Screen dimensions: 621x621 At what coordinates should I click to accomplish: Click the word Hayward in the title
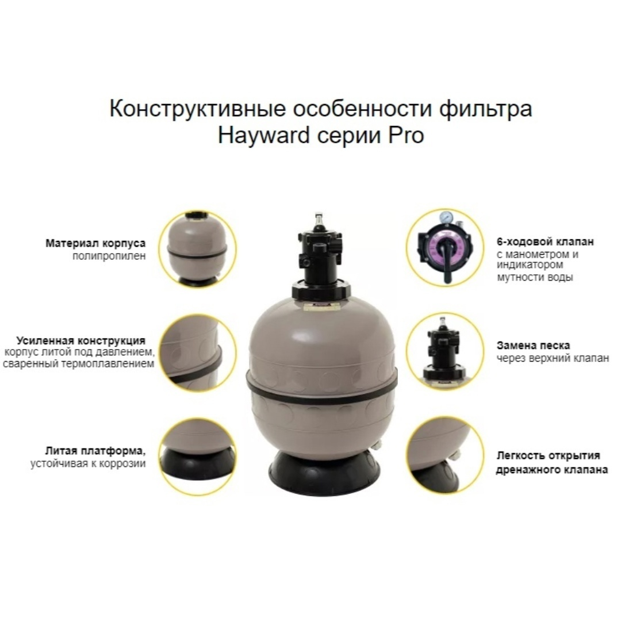point(263,136)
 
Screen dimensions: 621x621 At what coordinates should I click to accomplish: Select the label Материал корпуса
point(95,243)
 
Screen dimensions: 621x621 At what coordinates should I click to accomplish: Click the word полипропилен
point(109,256)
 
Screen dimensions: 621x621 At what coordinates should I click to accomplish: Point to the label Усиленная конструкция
point(81,340)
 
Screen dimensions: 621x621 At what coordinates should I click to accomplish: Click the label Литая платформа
point(95,451)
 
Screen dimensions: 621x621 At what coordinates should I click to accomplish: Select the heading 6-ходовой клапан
point(545,241)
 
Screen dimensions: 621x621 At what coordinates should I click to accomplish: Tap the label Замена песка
point(534,346)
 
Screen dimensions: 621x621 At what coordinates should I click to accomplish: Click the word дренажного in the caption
point(526,470)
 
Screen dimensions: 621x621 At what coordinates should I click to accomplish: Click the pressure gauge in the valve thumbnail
point(446,217)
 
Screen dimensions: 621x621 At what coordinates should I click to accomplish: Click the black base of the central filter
point(321,473)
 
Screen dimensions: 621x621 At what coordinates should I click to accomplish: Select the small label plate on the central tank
point(321,305)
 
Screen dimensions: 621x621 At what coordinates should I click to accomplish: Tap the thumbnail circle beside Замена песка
point(446,352)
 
